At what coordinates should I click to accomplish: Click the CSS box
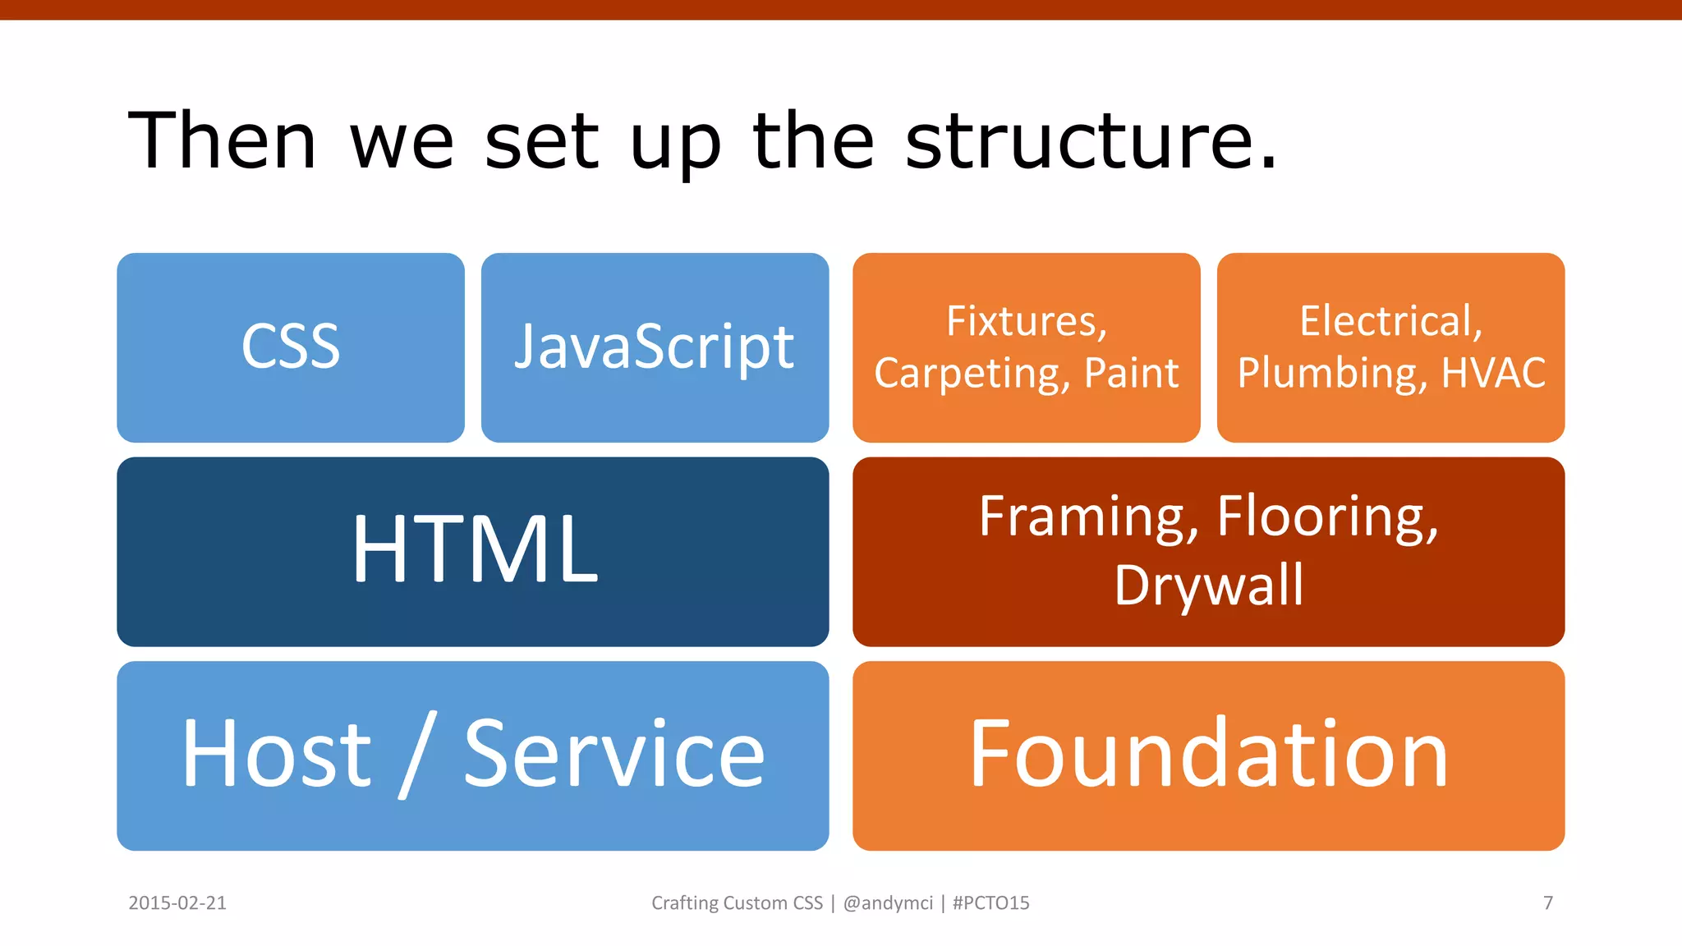click(x=291, y=347)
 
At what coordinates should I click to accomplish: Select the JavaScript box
click(x=655, y=347)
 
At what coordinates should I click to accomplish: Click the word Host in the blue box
click(x=277, y=753)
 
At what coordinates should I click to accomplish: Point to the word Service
click(x=614, y=753)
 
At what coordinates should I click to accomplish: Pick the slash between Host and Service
click(x=417, y=755)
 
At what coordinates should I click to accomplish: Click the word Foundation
click(x=1208, y=753)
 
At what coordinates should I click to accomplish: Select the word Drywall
click(x=1208, y=586)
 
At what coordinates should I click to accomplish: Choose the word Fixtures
click(x=1027, y=321)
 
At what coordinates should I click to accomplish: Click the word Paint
click(x=1131, y=374)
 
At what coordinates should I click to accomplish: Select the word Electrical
click(x=1390, y=321)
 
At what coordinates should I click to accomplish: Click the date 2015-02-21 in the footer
click(x=177, y=903)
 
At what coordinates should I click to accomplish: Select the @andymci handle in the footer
click(x=888, y=903)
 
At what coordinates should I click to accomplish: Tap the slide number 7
click(x=1548, y=903)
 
